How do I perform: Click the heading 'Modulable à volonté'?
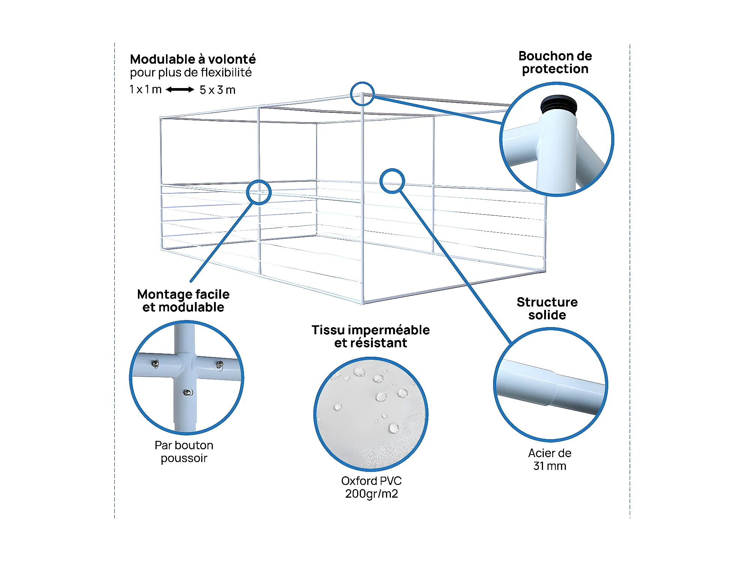pos(193,59)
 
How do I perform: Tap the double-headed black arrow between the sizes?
pos(180,90)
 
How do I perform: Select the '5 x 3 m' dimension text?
pos(217,90)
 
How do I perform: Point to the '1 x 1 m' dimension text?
pos(145,90)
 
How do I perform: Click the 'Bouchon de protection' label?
pos(555,63)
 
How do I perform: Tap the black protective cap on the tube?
pos(558,104)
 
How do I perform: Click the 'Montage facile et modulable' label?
pos(183,301)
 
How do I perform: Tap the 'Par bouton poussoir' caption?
pos(184,452)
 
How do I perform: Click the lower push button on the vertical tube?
pos(188,392)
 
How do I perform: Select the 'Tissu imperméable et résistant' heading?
pos(371,336)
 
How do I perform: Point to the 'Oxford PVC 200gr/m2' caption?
pos(371,487)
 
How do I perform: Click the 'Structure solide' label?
pos(547,308)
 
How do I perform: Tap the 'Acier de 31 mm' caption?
pos(550,459)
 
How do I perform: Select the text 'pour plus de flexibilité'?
pos(191,73)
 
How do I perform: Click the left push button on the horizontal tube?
pos(155,363)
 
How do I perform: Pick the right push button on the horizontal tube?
pos(220,365)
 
